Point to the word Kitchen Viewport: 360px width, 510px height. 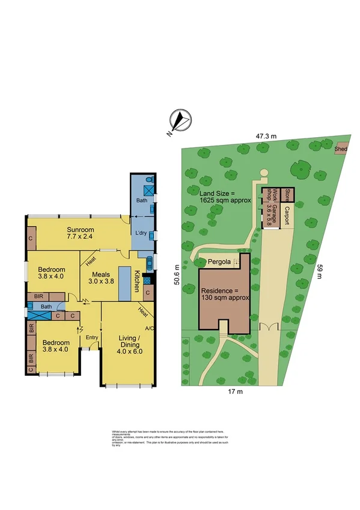[x=137, y=282]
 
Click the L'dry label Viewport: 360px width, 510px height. [x=141, y=233]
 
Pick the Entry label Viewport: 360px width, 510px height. [x=91, y=337]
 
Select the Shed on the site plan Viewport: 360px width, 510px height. [x=341, y=148]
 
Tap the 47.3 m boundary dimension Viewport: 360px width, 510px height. [x=266, y=137]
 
